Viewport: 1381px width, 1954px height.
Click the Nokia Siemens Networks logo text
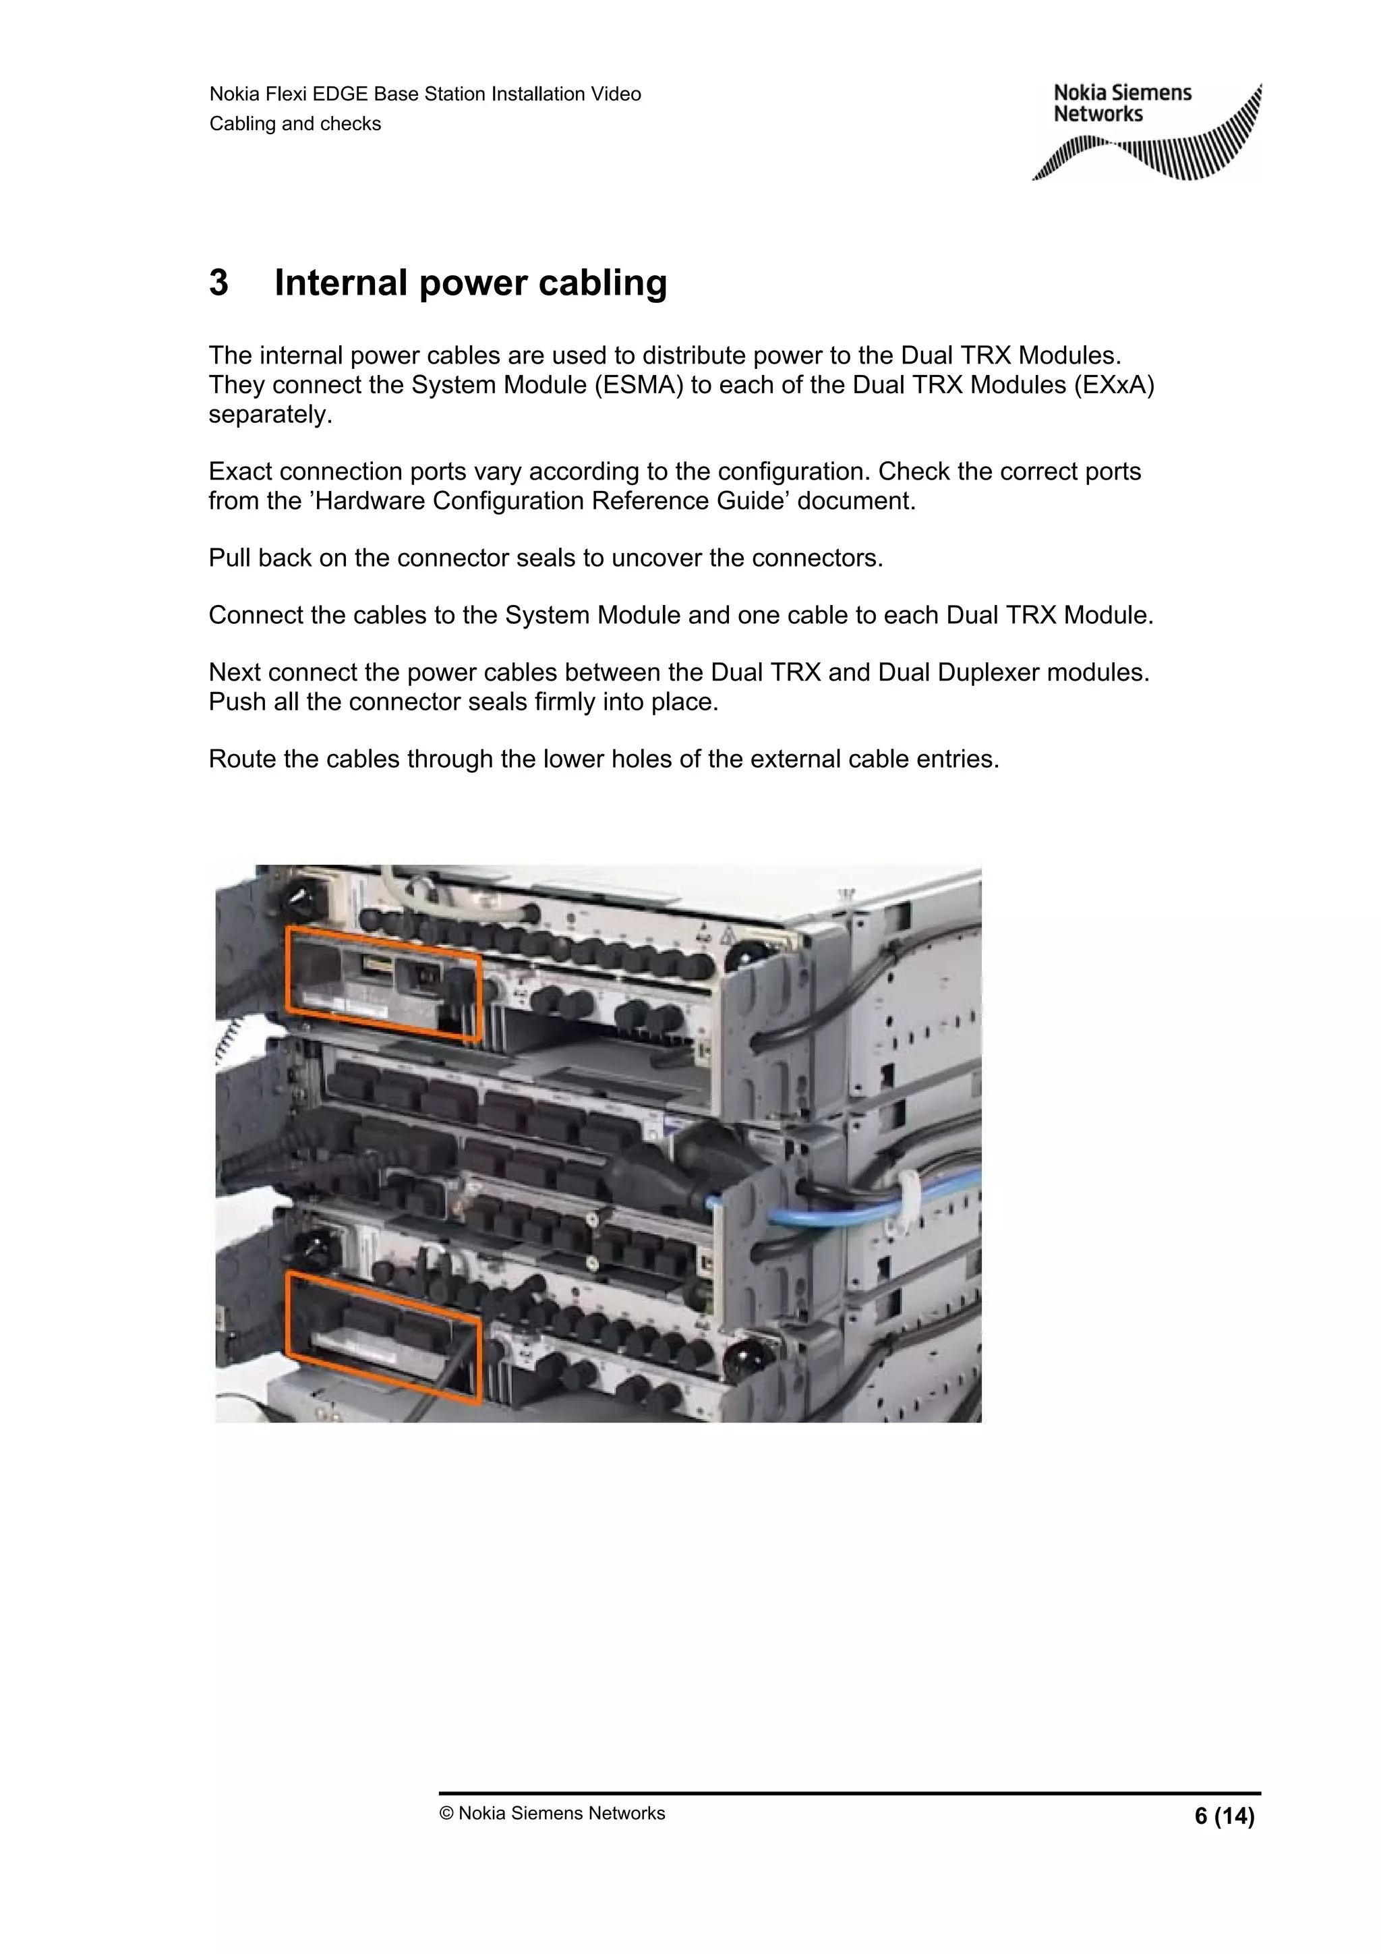tap(1121, 103)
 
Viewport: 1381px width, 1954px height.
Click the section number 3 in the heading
tap(218, 283)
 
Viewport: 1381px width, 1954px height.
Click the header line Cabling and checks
tap(295, 123)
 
